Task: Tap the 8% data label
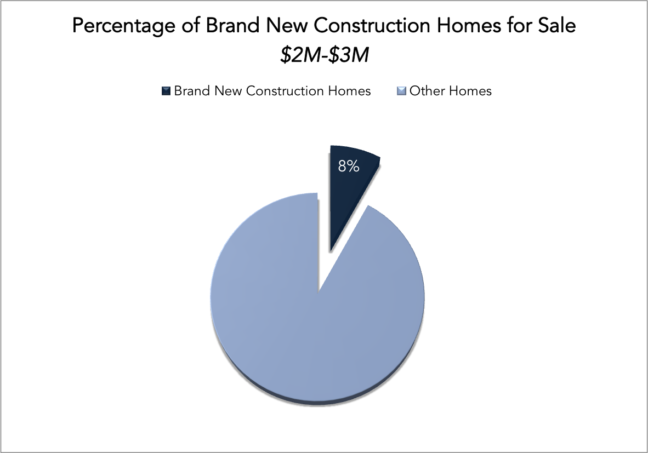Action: (348, 166)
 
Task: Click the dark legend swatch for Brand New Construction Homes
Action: (166, 91)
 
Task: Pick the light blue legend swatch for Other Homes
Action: (401, 91)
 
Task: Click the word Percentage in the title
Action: (124, 26)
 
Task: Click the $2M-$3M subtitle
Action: (325, 55)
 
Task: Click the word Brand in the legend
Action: (192, 91)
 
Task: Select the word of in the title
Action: (191, 25)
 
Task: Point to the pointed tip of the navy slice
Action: (330, 251)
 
